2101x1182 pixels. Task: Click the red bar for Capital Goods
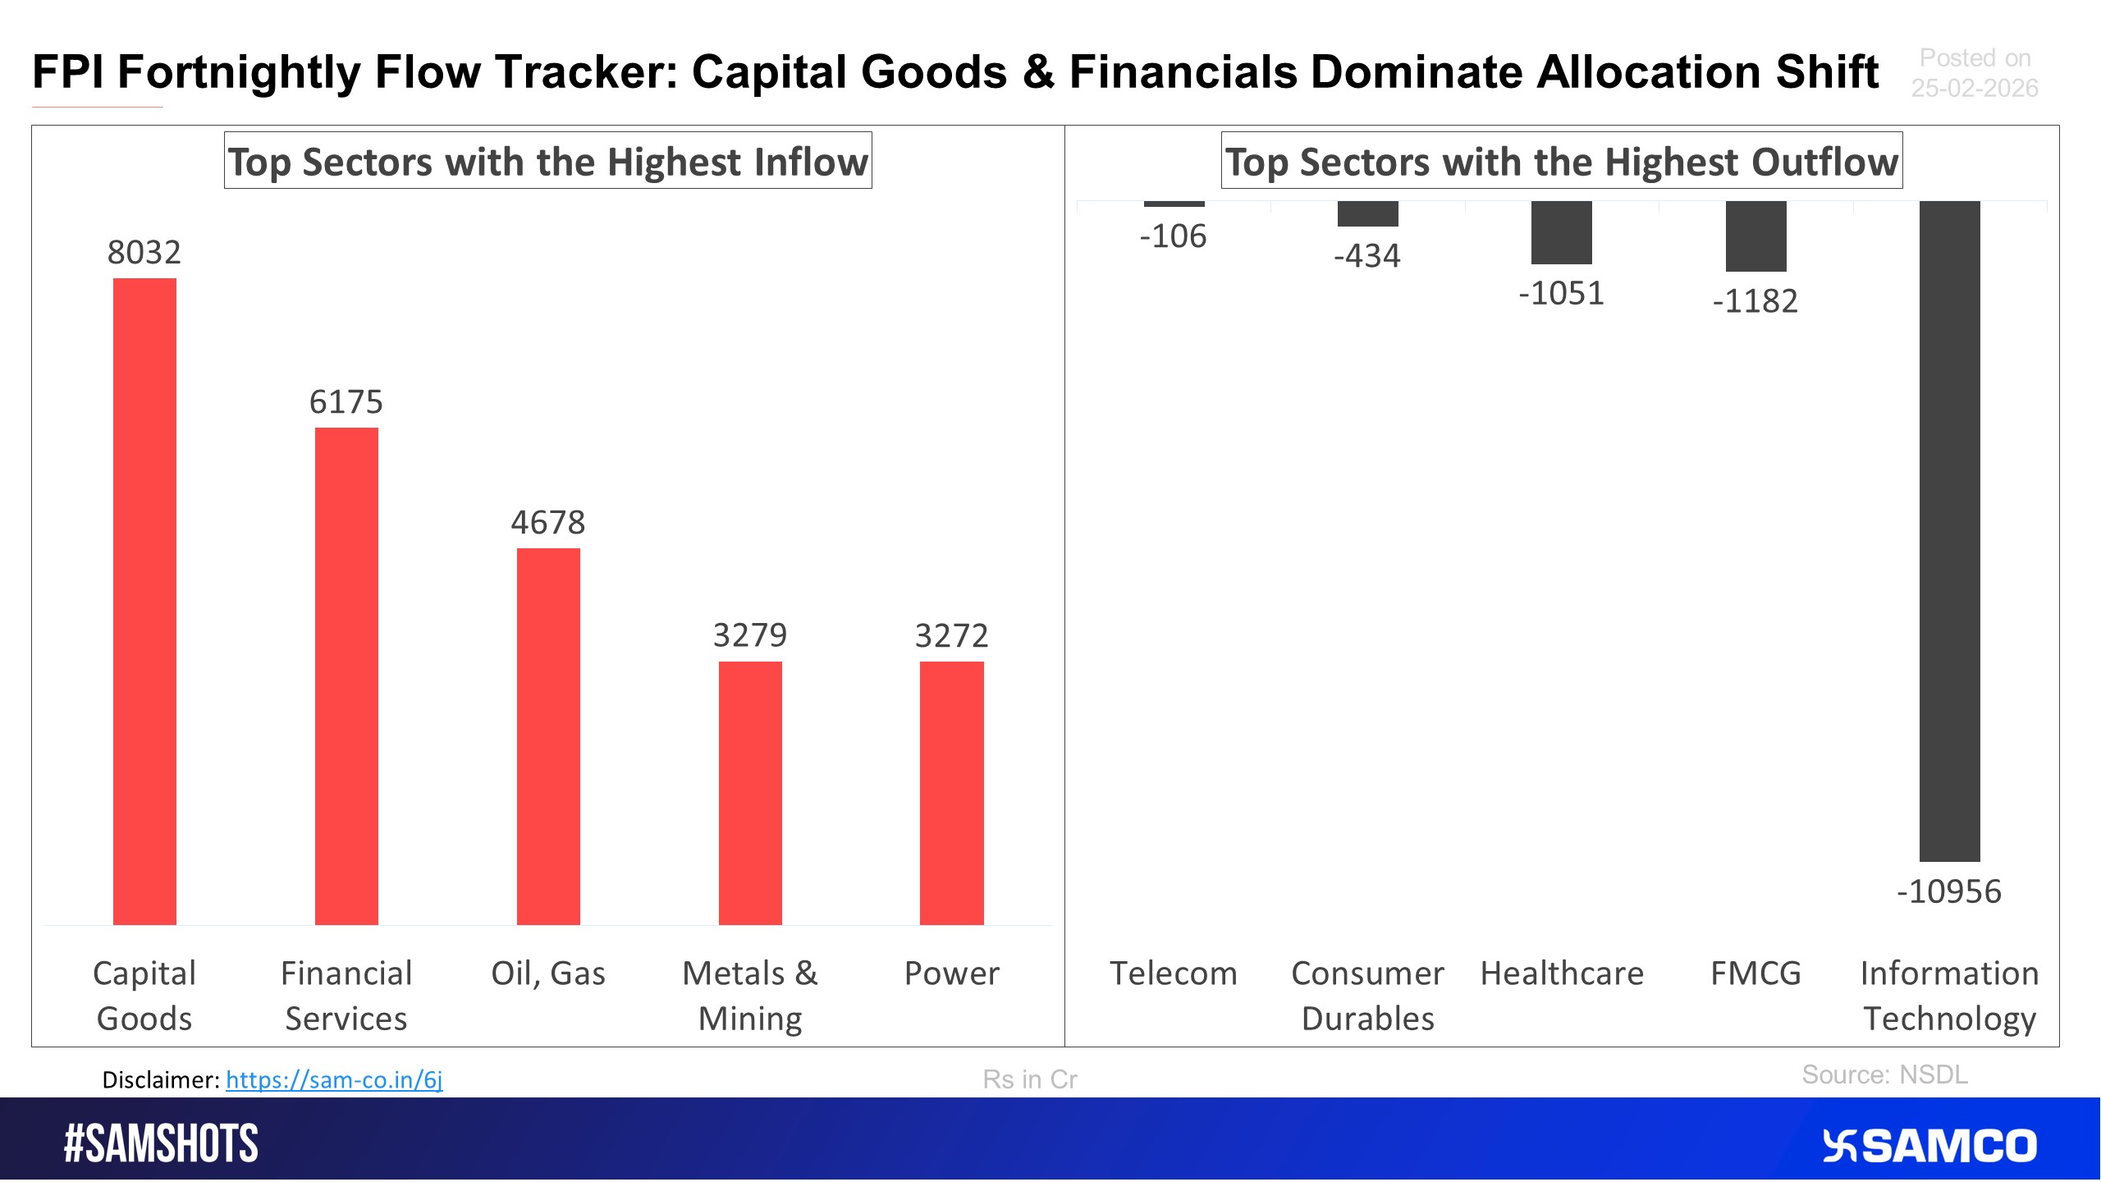coord(144,602)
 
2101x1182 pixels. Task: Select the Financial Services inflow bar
coord(346,676)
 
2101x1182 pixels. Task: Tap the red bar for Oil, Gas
coord(548,736)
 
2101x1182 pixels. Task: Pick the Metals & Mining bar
coord(750,793)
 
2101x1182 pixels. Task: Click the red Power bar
coord(952,793)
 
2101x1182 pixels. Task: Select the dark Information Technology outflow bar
coord(1949,531)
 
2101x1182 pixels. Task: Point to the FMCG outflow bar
coord(1755,236)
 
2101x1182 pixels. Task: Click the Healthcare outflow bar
coord(1562,233)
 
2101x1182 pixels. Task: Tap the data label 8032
coord(144,252)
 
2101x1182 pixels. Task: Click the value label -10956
coord(1949,891)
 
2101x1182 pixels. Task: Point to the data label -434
coord(1367,256)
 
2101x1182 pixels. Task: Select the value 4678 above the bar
coord(548,522)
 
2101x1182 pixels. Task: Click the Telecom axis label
coord(1174,974)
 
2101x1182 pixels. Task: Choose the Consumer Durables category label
coord(1367,996)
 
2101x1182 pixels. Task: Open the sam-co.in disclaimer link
coord(334,1079)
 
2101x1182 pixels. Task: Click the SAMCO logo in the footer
coord(1929,1146)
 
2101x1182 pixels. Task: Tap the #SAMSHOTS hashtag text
coord(161,1144)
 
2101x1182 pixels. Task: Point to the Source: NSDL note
coord(1884,1074)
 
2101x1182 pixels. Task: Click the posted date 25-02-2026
coord(1975,88)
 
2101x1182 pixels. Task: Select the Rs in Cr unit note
coord(1030,1079)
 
